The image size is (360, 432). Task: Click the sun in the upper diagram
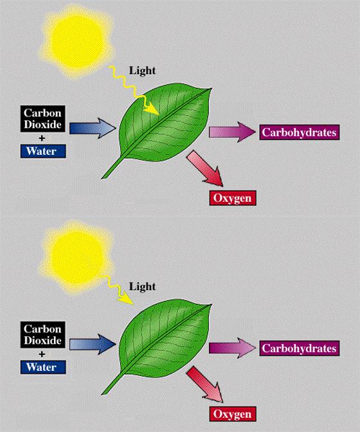tap(76, 42)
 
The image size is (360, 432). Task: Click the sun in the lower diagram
tap(76, 258)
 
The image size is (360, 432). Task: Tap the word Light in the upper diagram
tap(142, 71)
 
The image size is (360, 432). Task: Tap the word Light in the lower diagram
tap(142, 287)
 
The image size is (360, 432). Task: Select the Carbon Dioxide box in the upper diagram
tap(42, 119)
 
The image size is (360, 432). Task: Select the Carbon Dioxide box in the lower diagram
tap(42, 335)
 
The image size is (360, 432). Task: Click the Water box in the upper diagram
tap(43, 151)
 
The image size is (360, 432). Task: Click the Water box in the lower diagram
tap(43, 367)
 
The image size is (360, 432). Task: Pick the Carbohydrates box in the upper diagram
tap(300, 132)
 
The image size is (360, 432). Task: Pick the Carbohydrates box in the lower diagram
tap(300, 348)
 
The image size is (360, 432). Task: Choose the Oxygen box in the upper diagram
tap(233, 198)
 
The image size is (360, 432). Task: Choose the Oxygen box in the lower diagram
tap(233, 414)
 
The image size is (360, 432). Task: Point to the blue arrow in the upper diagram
tap(93, 129)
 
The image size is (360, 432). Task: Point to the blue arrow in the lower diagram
tap(93, 345)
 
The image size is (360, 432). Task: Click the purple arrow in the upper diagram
tap(233, 132)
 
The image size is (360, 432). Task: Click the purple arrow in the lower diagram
tap(233, 348)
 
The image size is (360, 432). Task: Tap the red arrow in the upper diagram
tap(205, 168)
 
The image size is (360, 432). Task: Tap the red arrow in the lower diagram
tap(205, 384)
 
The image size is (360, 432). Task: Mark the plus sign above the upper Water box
tap(42, 138)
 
